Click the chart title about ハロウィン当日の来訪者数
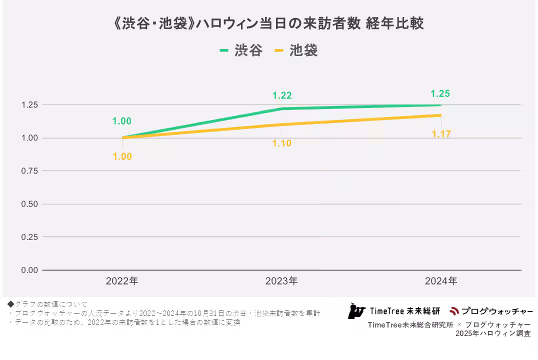269,23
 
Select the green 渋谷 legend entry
241,50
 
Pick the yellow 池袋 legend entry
296,50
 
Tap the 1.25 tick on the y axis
29,105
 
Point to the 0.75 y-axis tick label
29,171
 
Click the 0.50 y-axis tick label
29,204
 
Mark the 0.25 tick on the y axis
29,237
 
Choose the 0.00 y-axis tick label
29,270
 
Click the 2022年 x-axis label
122,281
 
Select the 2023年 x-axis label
281,281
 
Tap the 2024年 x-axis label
441,281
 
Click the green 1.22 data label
282,96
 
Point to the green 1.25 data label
440,93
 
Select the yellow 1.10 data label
281,143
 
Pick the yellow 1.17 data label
441,134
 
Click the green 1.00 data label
121,121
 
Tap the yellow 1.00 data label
122,156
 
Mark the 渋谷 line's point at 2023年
282,108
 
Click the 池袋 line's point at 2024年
440,115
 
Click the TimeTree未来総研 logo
394,311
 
